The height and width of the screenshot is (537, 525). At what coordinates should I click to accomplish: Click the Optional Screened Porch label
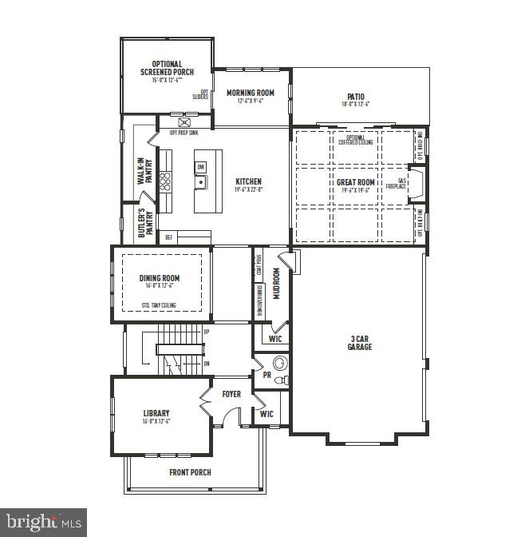[167, 69]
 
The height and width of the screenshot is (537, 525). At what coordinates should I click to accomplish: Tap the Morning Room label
[250, 93]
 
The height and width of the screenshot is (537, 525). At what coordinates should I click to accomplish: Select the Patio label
[356, 97]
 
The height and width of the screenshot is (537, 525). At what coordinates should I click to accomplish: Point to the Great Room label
[356, 183]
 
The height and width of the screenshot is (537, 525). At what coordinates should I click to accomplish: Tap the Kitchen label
[248, 182]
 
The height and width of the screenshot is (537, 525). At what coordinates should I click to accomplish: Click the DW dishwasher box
[200, 167]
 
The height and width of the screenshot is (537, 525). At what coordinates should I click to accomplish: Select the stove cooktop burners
[166, 181]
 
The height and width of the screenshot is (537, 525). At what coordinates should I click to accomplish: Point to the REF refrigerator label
[168, 237]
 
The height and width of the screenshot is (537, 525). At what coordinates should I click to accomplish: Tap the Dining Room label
[160, 279]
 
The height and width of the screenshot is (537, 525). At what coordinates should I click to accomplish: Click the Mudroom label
[276, 283]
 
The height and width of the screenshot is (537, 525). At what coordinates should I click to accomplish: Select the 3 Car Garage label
[357, 343]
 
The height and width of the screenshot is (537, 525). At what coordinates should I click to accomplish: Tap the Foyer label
[231, 394]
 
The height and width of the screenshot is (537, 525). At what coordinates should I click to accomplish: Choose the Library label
[156, 414]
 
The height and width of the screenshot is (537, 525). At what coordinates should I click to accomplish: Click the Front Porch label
[190, 472]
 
